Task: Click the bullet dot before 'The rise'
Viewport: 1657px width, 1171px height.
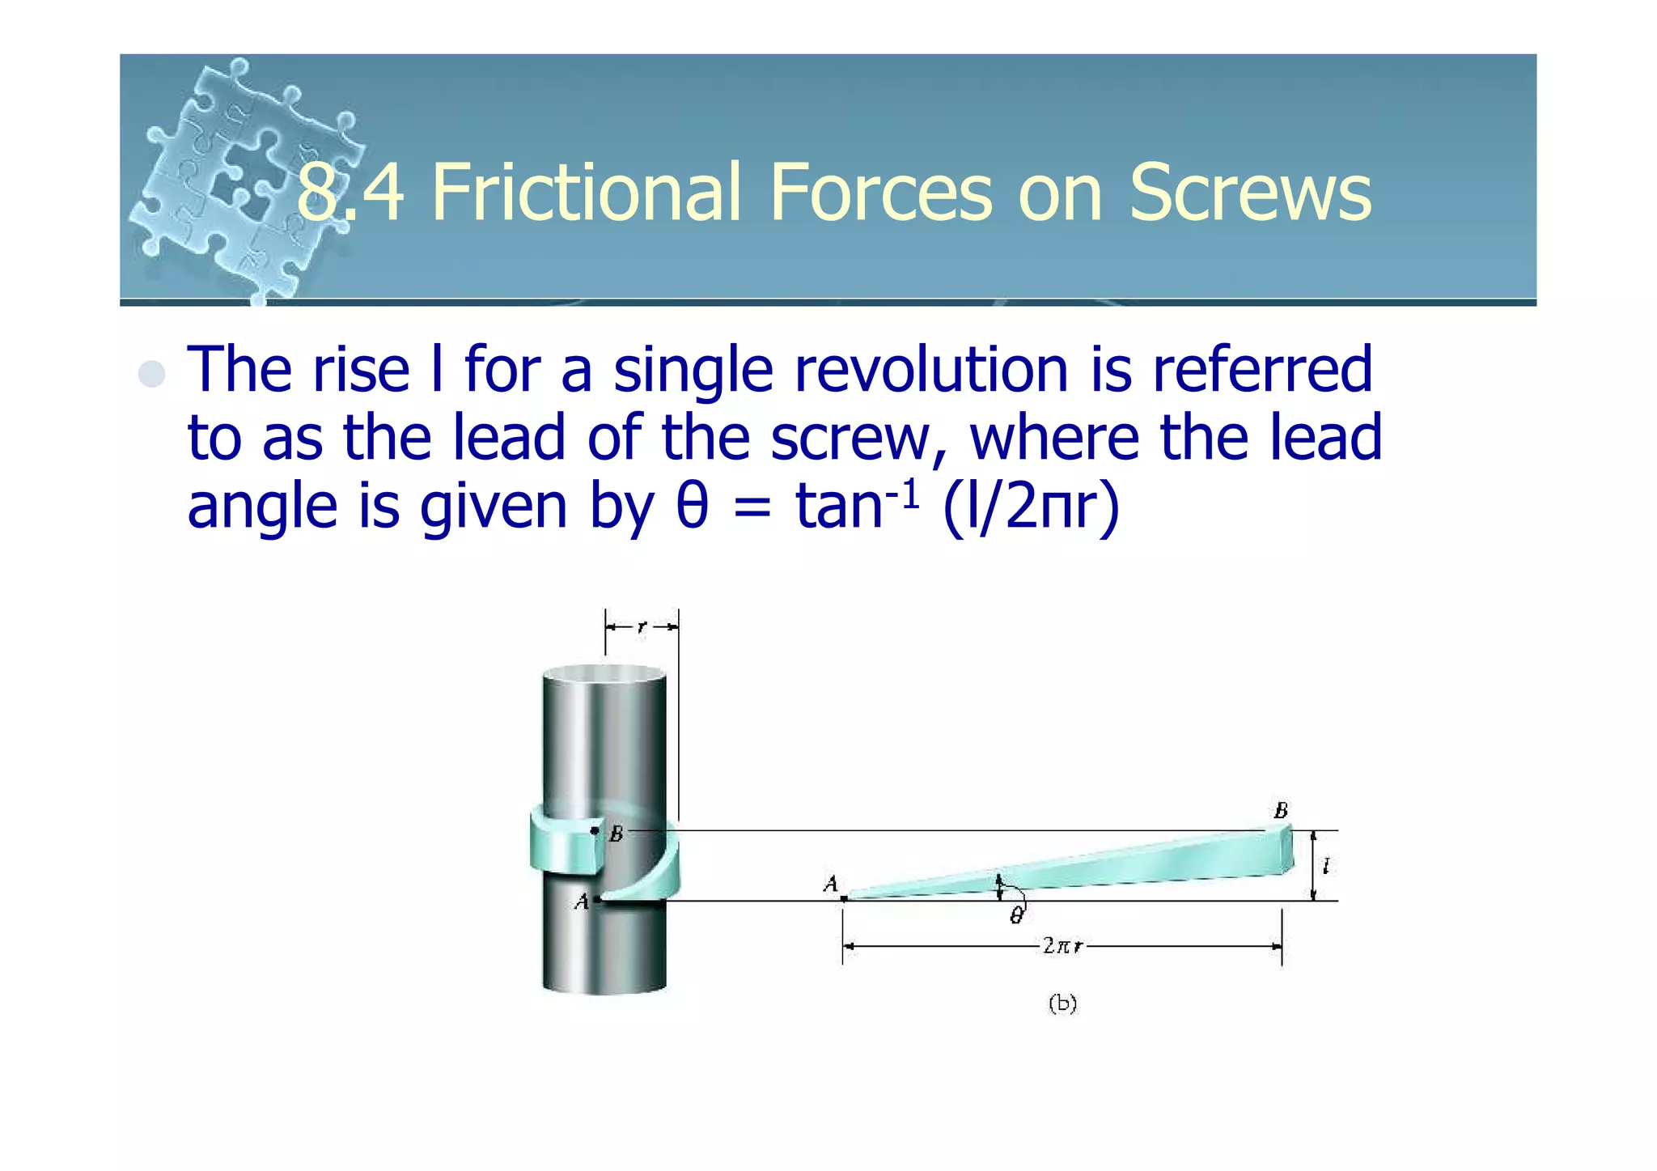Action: (151, 374)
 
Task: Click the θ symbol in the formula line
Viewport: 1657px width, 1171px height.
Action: (692, 507)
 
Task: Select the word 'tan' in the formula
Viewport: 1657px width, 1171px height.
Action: (838, 507)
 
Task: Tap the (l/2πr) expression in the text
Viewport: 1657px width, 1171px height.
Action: (1032, 507)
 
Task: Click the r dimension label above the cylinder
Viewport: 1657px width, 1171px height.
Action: (642, 626)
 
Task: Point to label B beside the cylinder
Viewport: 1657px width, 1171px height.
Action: (617, 834)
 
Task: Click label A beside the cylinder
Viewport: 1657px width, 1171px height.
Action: (581, 902)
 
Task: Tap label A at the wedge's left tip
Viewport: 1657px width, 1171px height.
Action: (830, 885)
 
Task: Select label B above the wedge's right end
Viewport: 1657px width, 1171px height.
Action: (1281, 810)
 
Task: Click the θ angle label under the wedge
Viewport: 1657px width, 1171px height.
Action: (1016, 915)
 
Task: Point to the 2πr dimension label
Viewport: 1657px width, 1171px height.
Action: (1062, 945)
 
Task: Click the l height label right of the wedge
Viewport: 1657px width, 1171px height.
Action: (1325, 867)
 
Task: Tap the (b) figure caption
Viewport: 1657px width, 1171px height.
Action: (1062, 1003)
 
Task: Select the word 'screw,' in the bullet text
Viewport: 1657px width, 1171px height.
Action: (858, 439)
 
